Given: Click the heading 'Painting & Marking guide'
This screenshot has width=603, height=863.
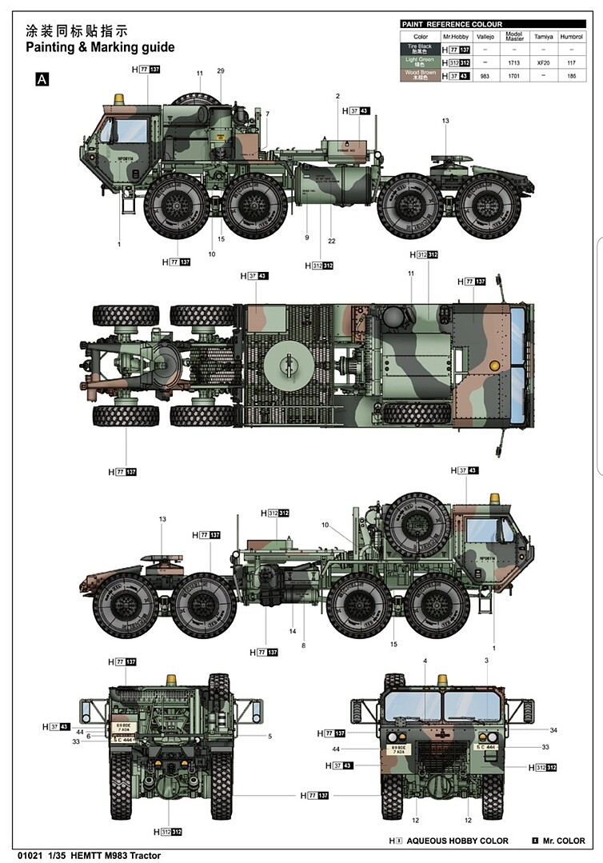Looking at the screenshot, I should [100, 47].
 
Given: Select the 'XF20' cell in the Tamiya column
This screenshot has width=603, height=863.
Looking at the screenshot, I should [542, 62].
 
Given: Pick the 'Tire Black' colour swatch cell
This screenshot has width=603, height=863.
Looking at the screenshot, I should [421, 50].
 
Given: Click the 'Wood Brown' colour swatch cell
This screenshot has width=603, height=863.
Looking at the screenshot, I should [421, 75].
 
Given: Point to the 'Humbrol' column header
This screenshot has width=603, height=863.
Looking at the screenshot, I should [571, 37].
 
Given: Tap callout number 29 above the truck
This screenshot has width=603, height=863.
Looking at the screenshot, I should [220, 71].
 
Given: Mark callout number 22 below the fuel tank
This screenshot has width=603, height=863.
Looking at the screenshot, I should [330, 241].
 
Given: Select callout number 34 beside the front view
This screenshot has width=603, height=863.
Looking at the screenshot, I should [553, 729].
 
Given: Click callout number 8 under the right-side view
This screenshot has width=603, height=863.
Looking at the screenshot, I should [304, 645].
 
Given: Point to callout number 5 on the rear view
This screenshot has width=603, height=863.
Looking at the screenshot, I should [270, 736].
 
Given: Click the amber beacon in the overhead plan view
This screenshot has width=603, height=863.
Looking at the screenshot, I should [493, 365].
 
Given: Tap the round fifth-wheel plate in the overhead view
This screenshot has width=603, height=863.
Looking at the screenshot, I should [286, 365].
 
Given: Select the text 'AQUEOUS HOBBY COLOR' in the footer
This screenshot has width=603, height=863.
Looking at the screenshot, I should [457, 841].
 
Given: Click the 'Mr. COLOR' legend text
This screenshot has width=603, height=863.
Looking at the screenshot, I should [563, 841].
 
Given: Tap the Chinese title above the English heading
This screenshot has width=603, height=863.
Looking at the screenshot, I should [77, 31].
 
